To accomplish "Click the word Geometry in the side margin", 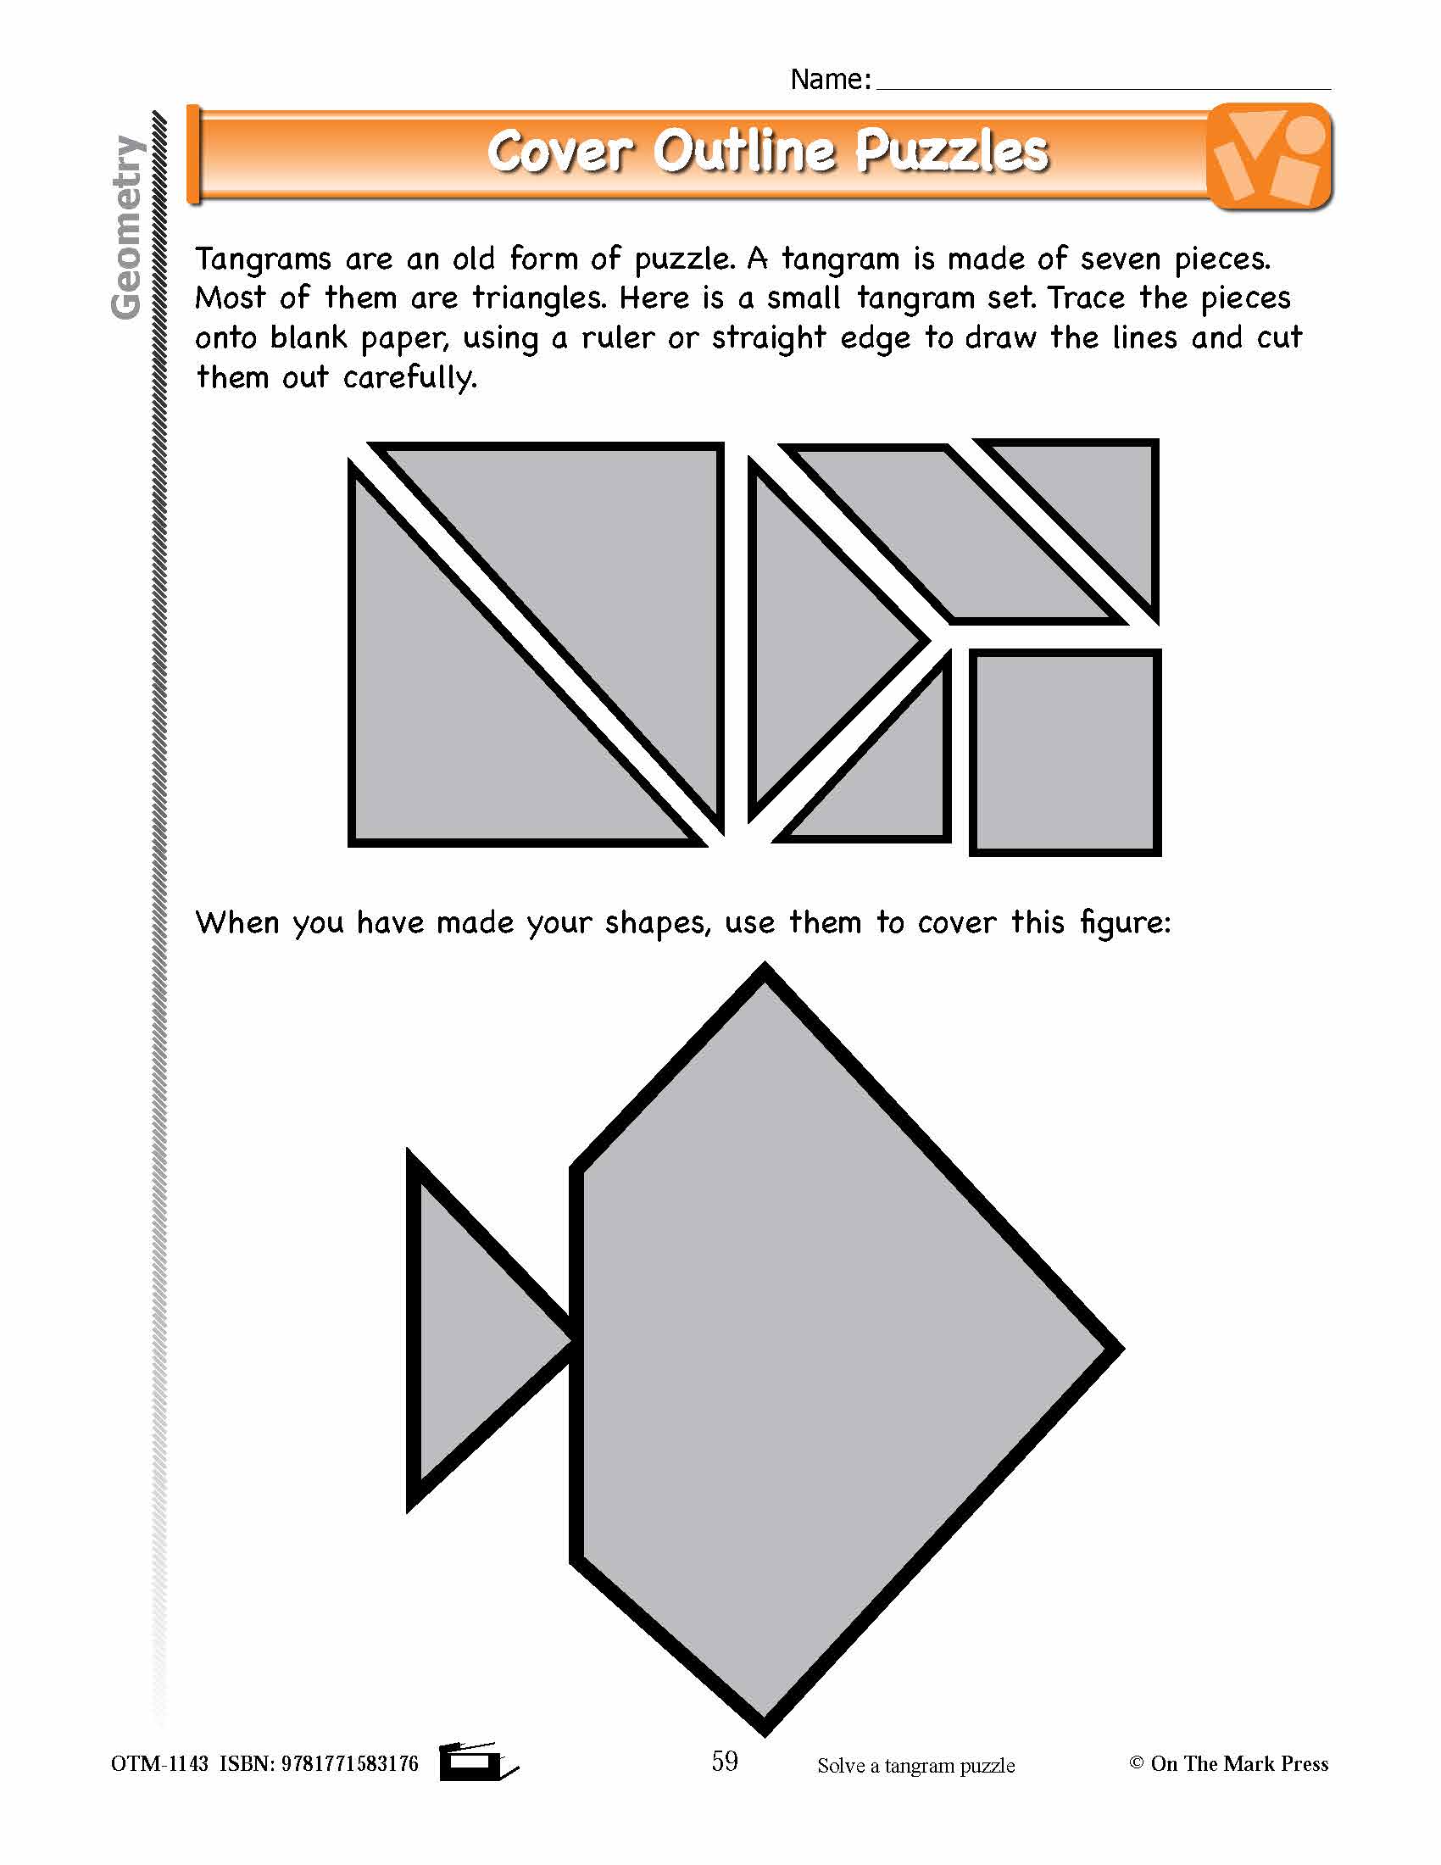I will (x=126, y=227).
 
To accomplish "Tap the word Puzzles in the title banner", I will (x=951, y=152).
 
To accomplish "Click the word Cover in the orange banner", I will (x=559, y=152).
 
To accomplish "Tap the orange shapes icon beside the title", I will (x=1270, y=155).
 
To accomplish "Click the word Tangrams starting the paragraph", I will (x=263, y=259).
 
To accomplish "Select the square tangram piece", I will (x=1065, y=752).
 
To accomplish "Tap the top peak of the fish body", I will (x=765, y=973).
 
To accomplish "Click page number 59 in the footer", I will (x=725, y=1761).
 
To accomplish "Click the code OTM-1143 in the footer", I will (x=159, y=1764).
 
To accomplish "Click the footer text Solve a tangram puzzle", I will (x=916, y=1766).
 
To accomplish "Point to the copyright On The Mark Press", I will (x=1229, y=1764).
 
